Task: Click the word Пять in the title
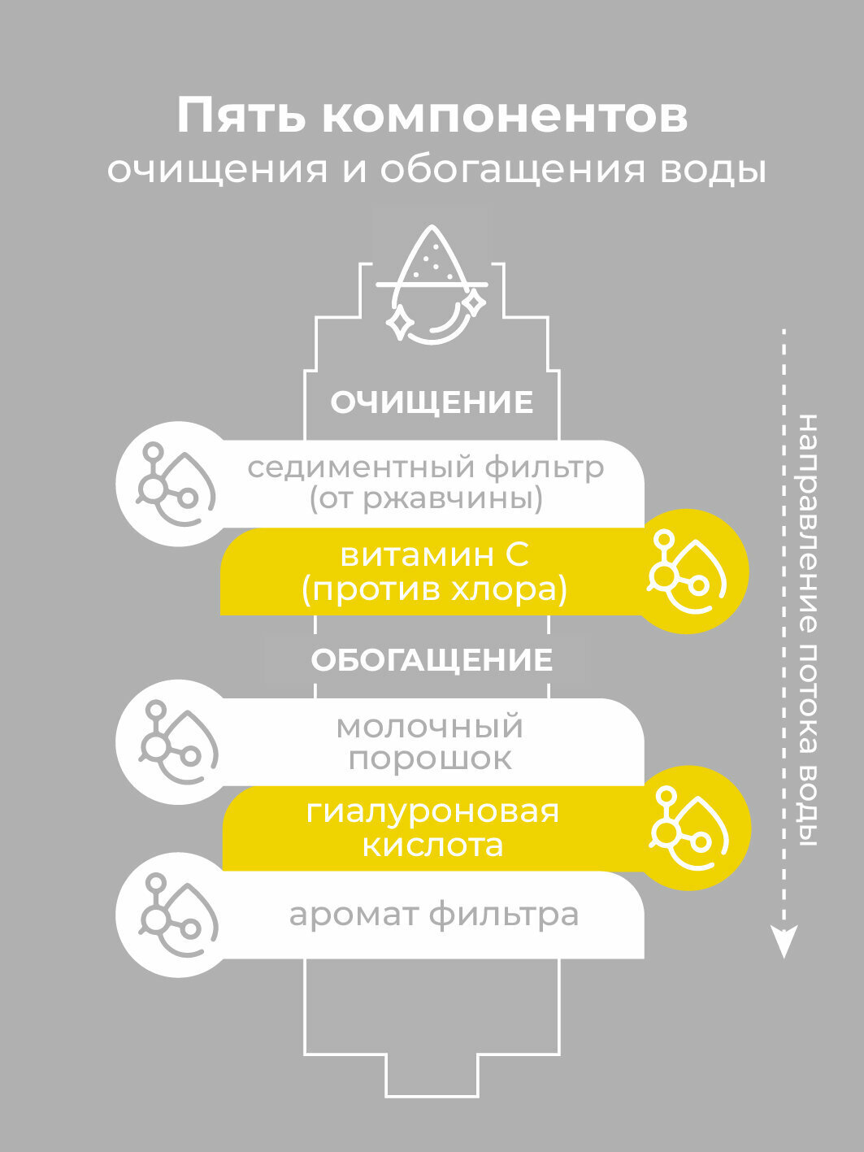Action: point(241,115)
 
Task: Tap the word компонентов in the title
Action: point(505,115)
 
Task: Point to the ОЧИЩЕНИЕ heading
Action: point(432,402)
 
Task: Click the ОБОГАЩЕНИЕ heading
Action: point(432,659)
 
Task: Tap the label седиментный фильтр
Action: point(426,467)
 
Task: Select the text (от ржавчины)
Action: point(426,498)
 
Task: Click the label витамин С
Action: point(434,555)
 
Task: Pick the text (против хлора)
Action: point(434,589)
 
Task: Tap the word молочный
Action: point(430,726)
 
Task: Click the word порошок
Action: point(430,759)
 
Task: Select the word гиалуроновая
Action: point(432,811)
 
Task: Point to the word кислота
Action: point(432,846)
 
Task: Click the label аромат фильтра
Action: point(434,915)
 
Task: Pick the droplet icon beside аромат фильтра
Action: point(177,915)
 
